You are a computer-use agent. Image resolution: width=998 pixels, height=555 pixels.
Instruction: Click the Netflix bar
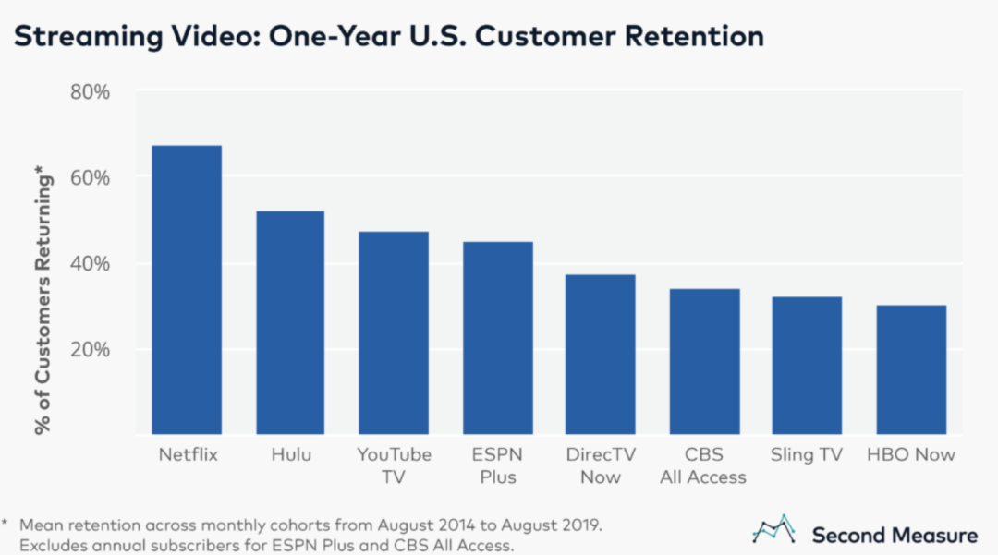pyautogui.click(x=186, y=290)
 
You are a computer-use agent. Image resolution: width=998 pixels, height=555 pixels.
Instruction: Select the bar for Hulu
pyautogui.click(x=289, y=323)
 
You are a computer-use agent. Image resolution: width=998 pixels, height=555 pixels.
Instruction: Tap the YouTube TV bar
pyautogui.click(x=394, y=333)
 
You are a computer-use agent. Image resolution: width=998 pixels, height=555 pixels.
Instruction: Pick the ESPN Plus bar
pyautogui.click(x=497, y=338)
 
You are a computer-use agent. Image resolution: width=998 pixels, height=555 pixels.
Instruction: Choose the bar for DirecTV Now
pyautogui.click(x=601, y=355)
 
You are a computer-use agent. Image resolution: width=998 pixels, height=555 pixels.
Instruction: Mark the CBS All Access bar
pyautogui.click(x=704, y=362)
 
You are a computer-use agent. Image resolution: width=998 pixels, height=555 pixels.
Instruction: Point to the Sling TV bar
pyautogui.click(x=808, y=366)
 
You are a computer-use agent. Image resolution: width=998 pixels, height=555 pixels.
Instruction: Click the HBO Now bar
pyautogui.click(x=911, y=369)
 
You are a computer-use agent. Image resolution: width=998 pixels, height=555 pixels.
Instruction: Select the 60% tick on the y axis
pyautogui.click(x=90, y=176)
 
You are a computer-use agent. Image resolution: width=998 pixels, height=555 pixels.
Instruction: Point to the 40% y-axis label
pyautogui.click(x=90, y=263)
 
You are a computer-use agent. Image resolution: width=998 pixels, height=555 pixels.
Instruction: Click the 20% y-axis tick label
pyautogui.click(x=90, y=349)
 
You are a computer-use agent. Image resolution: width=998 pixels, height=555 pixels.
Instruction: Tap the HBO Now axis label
pyautogui.click(x=911, y=454)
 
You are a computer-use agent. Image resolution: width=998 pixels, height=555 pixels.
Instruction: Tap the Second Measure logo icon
pyautogui.click(x=774, y=530)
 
